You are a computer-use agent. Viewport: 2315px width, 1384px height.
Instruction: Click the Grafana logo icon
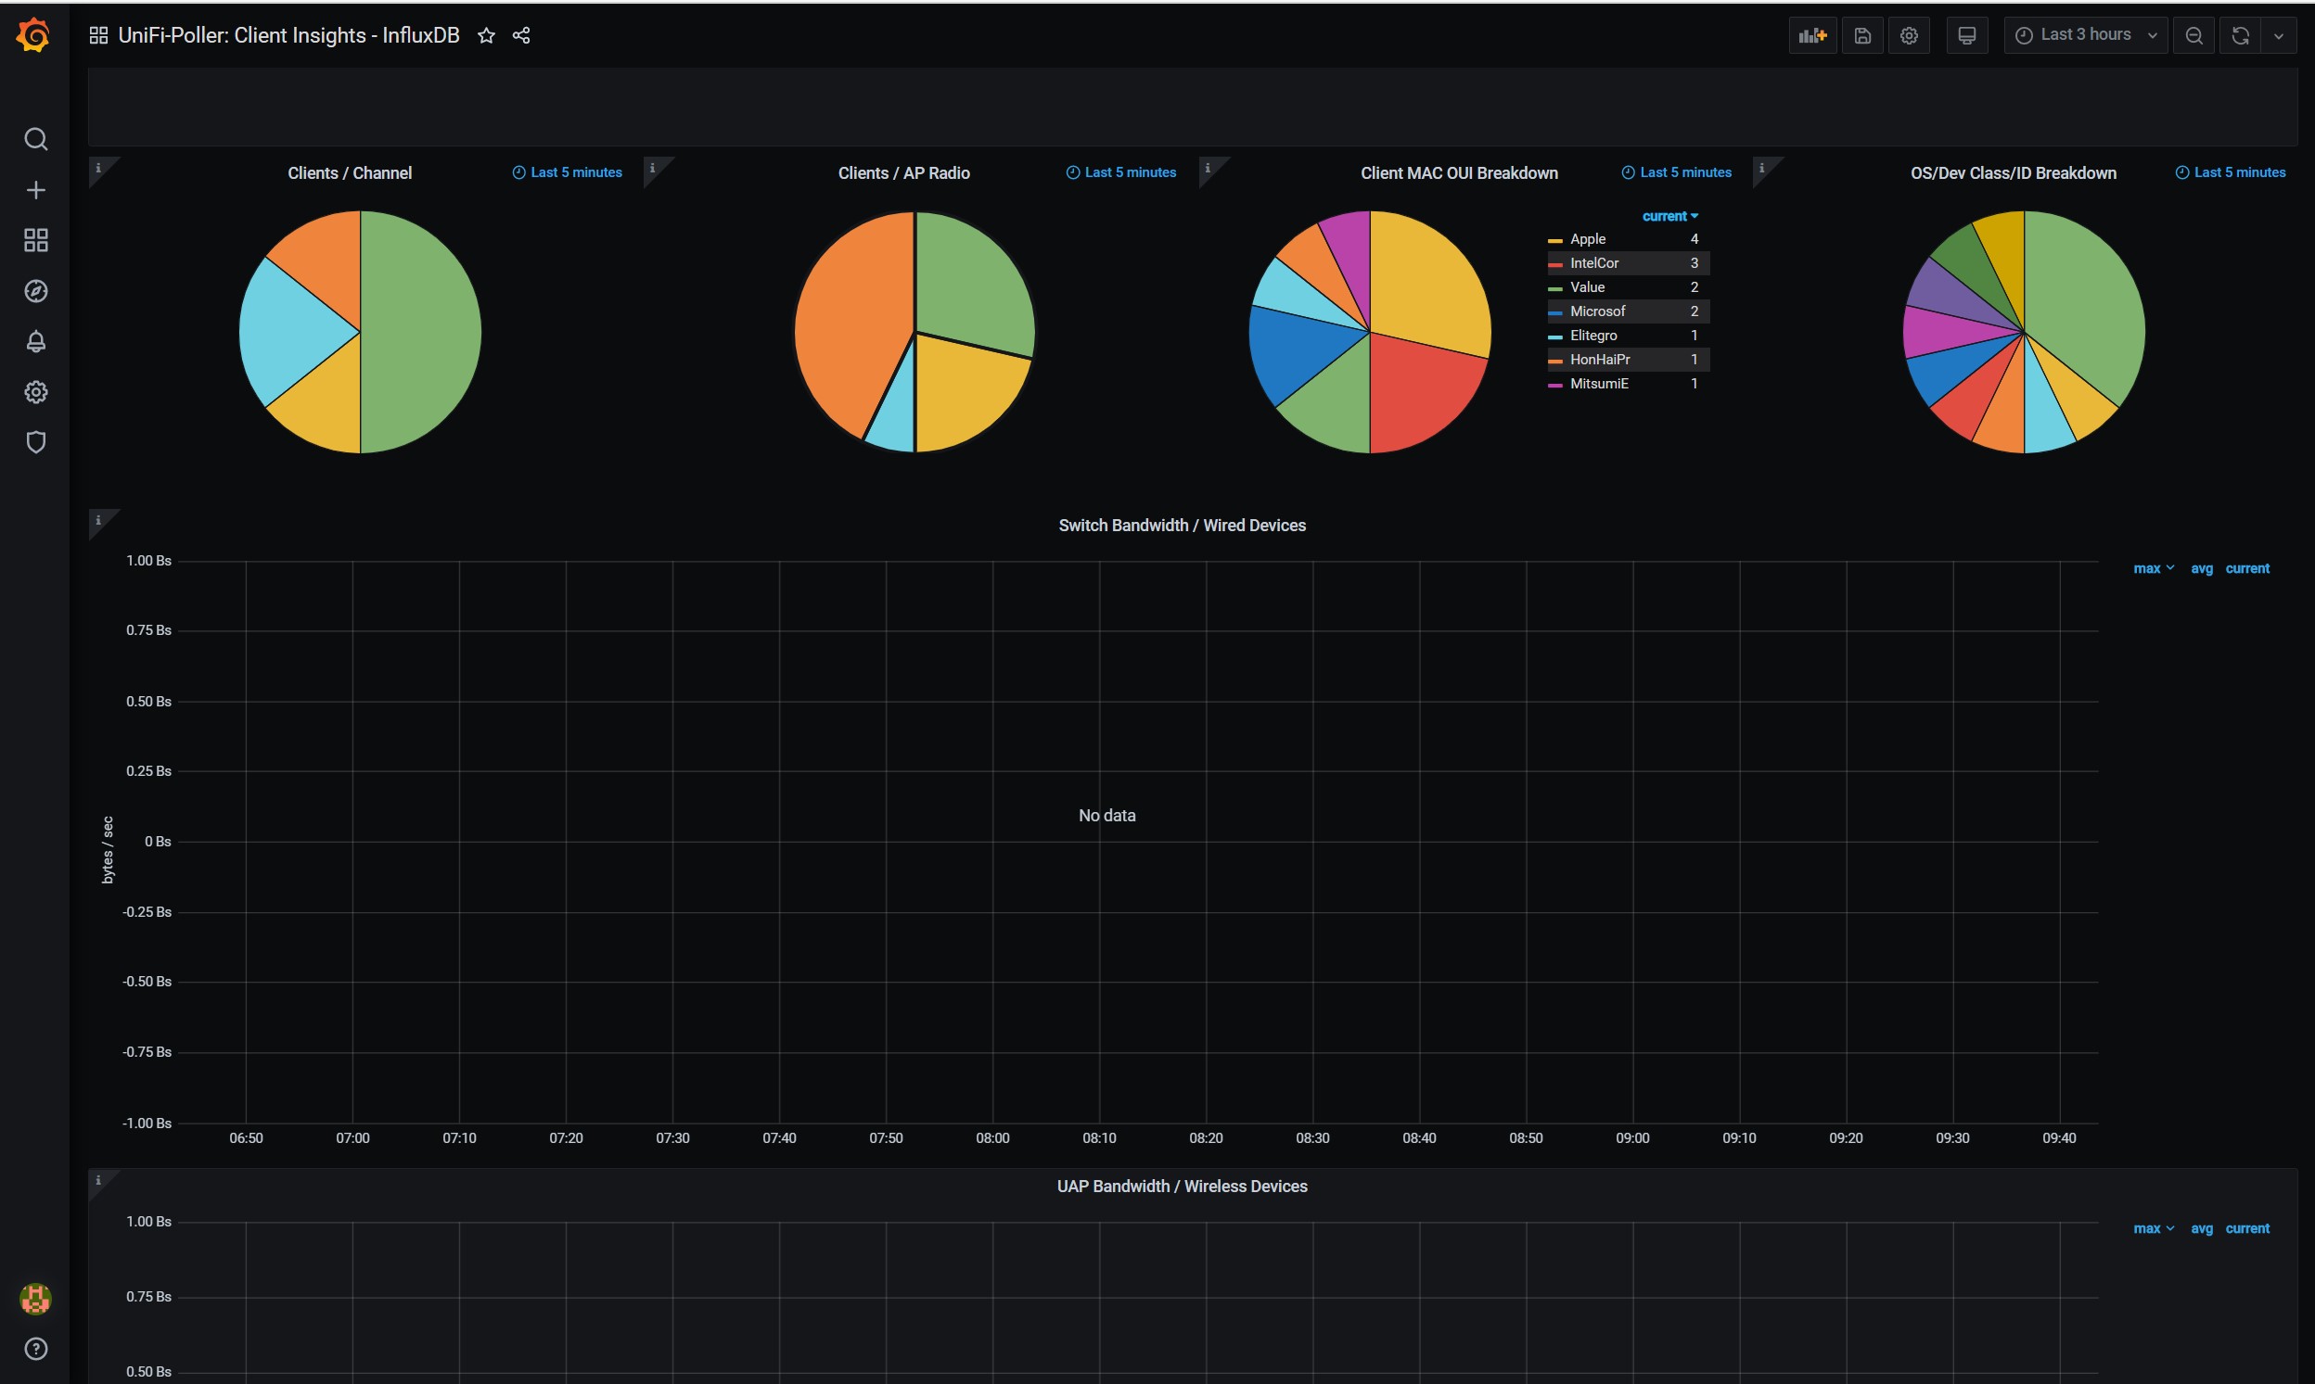[x=33, y=35]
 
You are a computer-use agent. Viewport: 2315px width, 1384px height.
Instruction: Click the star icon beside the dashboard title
[x=486, y=35]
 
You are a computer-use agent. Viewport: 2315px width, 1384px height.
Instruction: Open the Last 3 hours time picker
[x=2085, y=35]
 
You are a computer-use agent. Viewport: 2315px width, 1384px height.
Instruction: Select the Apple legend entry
[x=1587, y=240]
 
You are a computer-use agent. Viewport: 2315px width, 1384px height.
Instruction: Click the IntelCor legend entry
[x=1593, y=264]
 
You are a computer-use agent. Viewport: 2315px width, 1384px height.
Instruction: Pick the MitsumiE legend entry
[x=1598, y=384]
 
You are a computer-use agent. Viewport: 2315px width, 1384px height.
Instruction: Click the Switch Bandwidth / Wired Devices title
[x=1182, y=526]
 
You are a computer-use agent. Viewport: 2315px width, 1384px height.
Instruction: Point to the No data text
[x=1106, y=816]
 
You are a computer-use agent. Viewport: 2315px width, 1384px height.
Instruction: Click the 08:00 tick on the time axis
[x=991, y=1137]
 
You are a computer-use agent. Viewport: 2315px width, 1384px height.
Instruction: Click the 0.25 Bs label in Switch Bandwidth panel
[x=148, y=771]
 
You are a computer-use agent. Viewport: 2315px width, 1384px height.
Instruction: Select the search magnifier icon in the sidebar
[x=35, y=140]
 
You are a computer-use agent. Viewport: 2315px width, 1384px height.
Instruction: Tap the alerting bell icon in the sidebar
[x=35, y=342]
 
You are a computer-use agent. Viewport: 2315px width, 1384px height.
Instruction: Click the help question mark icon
[x=35, y=1349]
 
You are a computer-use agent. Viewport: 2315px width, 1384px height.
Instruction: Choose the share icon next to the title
[x=521, y=35]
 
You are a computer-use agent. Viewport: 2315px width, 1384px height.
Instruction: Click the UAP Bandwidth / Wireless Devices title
[x=1182, y=1187]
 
